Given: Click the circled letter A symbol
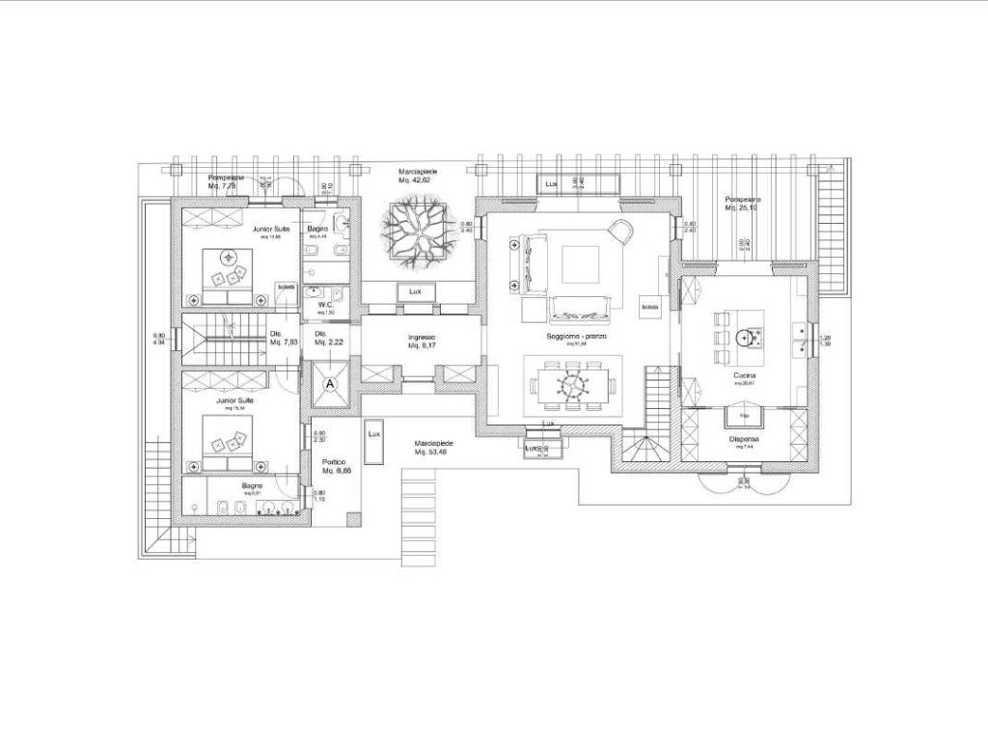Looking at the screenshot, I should (331, 383).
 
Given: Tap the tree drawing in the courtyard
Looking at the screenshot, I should (416, 230).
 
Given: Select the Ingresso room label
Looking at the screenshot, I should (422, 341).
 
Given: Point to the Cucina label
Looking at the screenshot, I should (744, 376).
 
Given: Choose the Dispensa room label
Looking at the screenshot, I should (743, 441).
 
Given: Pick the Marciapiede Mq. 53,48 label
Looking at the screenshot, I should (435, 447).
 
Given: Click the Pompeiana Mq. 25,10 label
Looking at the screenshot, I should (743, 204).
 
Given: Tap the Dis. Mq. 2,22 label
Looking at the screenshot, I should (319, 338).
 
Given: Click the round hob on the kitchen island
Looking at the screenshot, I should (745, 337).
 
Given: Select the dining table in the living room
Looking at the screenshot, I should (572, 384).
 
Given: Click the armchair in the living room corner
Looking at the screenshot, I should (620, 231).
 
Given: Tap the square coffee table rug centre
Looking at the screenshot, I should (582, 261).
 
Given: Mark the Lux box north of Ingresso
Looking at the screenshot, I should (415, 291).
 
